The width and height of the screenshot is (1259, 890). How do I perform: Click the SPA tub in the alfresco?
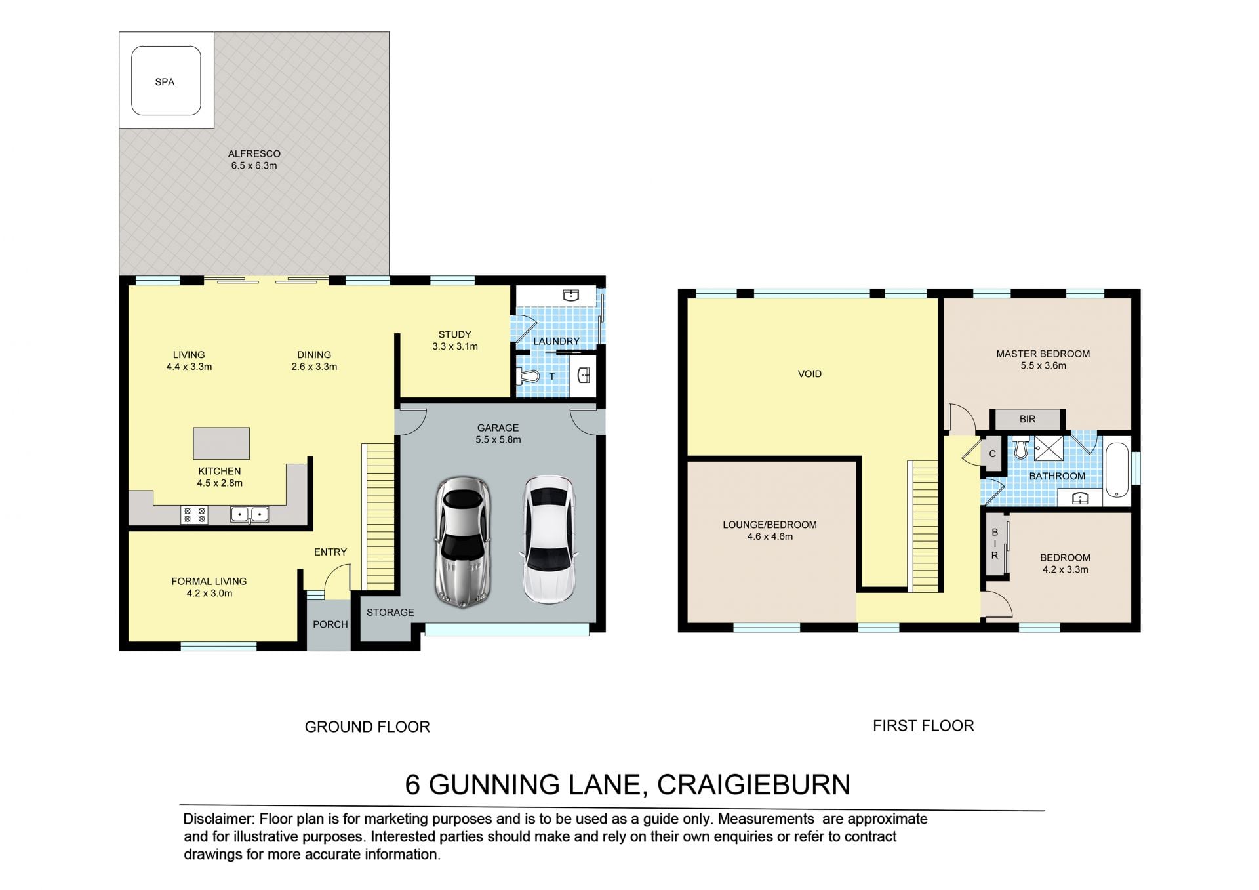coord(166,81)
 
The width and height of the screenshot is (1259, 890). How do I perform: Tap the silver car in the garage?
coord(463,542)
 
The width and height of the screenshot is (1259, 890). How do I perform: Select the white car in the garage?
coord(549,539)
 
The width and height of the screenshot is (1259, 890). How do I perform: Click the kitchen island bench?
coord(221,443)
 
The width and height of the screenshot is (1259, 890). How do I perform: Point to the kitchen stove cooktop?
coord(194,515)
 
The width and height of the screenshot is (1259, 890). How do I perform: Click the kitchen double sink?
coord(249,514)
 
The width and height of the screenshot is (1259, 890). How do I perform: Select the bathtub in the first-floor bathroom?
coord(1117,471)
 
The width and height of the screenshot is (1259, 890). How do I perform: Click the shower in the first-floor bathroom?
coord(1049,449)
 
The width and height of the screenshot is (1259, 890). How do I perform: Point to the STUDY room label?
coord(454,334)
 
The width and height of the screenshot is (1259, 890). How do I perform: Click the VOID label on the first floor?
coord(810,374)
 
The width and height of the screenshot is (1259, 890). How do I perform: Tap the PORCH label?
coord(330,624)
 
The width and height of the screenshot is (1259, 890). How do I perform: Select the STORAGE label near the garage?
coord(390,613)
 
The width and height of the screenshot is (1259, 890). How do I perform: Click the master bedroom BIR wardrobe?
coord(1028,419)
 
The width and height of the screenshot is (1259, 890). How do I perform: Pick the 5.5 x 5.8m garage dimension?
coord(498,440)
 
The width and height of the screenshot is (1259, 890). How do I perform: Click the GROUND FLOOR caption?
coord(367,727)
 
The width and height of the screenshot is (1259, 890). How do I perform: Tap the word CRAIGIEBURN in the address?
coord(753,784)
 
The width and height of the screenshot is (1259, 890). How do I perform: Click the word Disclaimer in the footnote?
coord(218,819)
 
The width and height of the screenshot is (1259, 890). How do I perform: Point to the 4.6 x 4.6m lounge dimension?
coord(770,536)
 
